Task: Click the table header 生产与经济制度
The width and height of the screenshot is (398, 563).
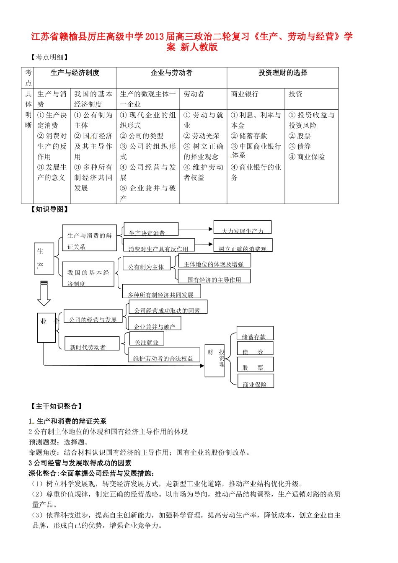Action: coord(75,73)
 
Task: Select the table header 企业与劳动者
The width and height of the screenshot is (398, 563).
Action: coord(171,73)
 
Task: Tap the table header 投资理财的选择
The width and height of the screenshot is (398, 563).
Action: coord(283,73)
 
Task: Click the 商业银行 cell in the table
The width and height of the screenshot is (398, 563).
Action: coord(245,94)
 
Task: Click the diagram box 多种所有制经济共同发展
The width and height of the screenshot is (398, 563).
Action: coord(161,292)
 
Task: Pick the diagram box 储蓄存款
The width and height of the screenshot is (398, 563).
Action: coord(255,333)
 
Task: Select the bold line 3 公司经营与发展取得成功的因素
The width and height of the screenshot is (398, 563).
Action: coord(80,463)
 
